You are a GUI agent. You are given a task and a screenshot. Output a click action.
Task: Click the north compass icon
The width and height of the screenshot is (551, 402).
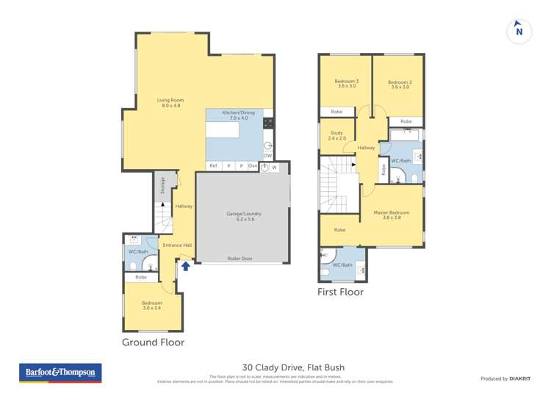click(519, 30)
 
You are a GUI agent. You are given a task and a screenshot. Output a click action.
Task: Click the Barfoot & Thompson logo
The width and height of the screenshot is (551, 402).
click(60, 373)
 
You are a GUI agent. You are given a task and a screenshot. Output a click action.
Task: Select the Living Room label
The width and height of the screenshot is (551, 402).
click(170, 103)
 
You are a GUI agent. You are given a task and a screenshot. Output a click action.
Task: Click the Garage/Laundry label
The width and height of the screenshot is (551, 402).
click(244, 216)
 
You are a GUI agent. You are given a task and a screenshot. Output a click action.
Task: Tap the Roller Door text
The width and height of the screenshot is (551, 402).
click(240, 259)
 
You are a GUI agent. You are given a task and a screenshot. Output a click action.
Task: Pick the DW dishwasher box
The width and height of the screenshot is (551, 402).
click(267, 155)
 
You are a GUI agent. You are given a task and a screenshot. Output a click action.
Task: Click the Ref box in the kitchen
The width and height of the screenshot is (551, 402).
click(213, 166)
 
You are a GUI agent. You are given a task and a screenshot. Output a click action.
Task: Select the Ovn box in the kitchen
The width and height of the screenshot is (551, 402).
click(253, 166)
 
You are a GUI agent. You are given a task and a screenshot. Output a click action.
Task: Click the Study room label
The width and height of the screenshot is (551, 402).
click(336, 135)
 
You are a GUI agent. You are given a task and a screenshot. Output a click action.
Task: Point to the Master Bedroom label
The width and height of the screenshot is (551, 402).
click(391, 215)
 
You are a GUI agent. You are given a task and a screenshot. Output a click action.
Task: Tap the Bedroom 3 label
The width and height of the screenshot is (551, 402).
click(347, 84)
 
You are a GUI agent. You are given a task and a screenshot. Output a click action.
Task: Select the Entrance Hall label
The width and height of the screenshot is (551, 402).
click(177, 245)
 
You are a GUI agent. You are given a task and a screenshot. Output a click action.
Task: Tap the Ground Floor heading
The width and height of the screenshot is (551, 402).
click(153, 342)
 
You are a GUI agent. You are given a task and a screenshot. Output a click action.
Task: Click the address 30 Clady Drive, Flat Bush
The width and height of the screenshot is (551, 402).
click(293, 367)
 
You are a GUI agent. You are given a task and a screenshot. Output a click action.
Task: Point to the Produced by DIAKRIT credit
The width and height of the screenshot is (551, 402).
click(505, 378)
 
